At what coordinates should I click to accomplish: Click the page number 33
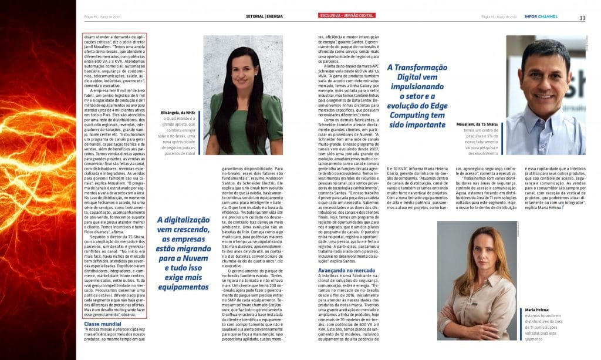coord(582,18)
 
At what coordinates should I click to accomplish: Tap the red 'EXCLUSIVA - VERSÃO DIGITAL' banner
coord(346,15)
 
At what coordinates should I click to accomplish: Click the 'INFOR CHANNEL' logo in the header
coord(541,16)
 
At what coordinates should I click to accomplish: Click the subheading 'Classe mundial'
coord(103,324)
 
